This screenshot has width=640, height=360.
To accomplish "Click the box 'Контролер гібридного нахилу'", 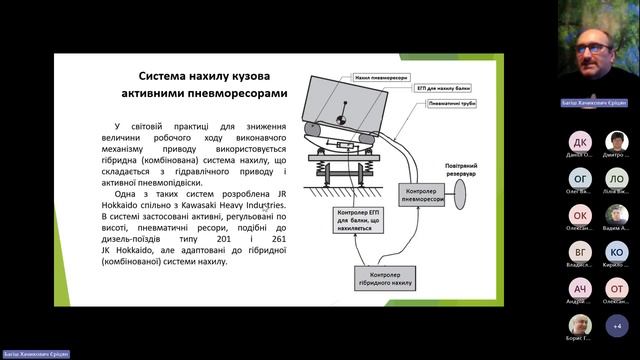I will [386, 278].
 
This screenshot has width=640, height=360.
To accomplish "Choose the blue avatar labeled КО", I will [617, 251].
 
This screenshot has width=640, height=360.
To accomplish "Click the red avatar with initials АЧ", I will [581, 288].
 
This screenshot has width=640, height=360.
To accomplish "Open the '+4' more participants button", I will [617, 325].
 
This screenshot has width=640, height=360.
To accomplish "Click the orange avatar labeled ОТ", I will [617, 288].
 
